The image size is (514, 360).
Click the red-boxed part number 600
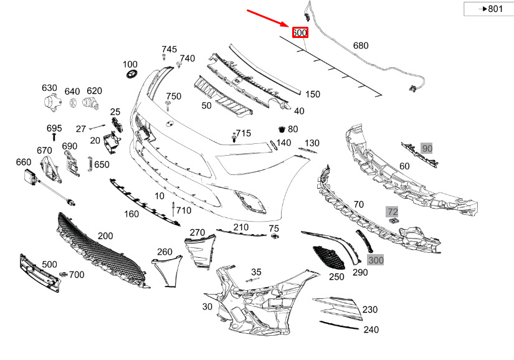[300, 32]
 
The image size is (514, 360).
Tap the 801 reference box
[488, 9]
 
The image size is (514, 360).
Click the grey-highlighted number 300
[376, 260]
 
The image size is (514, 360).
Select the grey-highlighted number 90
[427, 148]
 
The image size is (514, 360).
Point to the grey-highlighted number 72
[393, 212]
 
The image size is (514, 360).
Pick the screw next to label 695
[54, 136]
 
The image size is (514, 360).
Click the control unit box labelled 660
[32, 178]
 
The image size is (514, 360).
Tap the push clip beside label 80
[282, 130]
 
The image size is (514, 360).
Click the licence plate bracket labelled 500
[40, 273]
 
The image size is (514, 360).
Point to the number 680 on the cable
[361, 45]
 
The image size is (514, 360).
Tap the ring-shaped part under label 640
[73, 103]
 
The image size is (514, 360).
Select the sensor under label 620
[90, 103]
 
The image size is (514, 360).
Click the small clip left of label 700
[64, 273]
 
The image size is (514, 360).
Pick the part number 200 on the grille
[105, 236]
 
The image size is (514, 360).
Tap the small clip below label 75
[275, 236]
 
